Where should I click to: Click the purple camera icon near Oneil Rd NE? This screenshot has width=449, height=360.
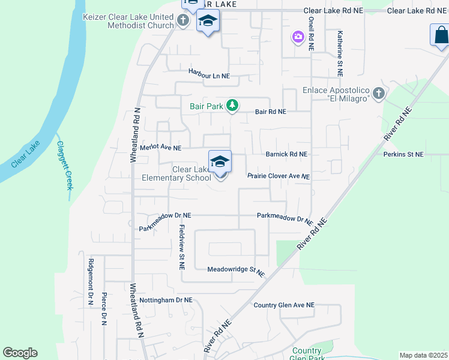(298, 38)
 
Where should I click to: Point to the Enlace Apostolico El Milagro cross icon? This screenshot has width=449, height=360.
(378, 93)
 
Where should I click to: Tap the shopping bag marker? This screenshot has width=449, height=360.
(440, 35)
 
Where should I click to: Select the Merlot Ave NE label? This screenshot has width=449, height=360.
(160, 148)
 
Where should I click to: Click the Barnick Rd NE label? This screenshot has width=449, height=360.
(286, 154)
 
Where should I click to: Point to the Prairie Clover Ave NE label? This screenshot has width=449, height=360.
(279, 176)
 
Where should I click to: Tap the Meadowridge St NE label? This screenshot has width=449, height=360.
(236, 271)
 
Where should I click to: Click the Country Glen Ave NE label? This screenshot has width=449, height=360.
(284, 305)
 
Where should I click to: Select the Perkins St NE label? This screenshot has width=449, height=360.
(403, 154)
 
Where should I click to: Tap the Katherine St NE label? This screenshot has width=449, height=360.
(340, 54)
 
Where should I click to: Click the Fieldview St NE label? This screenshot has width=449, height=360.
(182, 246)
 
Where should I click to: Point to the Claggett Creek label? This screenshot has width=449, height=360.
(64, 165)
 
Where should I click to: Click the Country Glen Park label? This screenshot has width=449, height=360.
(306, 354)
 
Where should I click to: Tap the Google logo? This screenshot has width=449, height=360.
(20, 353)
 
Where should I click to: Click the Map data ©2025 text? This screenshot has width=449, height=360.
(423, 355)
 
